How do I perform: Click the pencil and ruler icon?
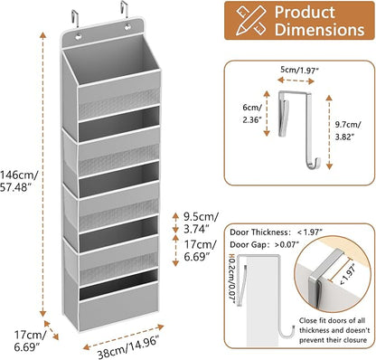point(251,20)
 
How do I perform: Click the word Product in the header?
point(305,13)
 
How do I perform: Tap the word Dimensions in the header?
point(319,30)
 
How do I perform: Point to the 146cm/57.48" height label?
point(19,181)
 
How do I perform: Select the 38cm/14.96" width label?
point(127,347)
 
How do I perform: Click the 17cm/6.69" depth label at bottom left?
point(30,341)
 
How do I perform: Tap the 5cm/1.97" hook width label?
point(299,70)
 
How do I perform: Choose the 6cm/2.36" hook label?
point(252,114)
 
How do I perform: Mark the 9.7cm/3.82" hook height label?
point(348,130)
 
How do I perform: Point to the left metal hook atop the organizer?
point(75,18)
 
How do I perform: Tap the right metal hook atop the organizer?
point(124,10)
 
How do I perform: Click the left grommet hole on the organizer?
point(79,37)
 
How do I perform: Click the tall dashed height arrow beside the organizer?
point(43,174)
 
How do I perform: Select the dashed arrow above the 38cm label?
point(124,336)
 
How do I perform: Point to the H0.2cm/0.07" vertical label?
point(231,279)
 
